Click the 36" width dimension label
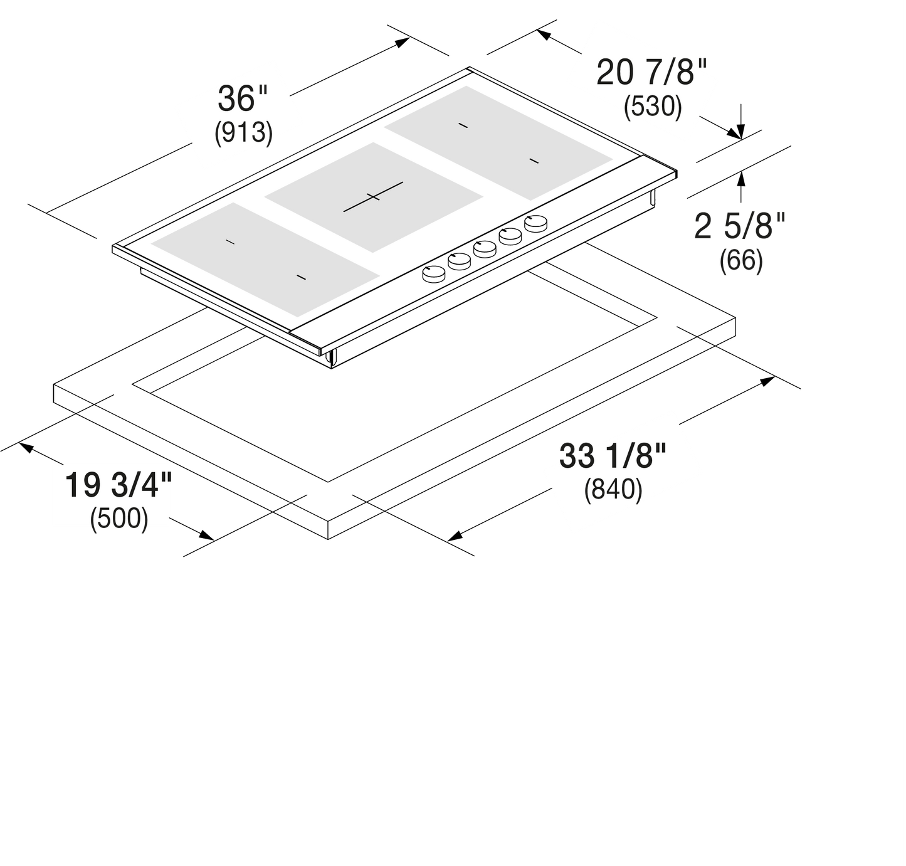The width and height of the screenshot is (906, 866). pyautogui.click(x=243, y=98)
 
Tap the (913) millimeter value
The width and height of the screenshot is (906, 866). pyautogui.click(x=243, y=133)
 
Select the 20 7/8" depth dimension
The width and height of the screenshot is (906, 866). pyautogui.click(x=651, y=73)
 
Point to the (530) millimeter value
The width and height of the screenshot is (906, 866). pyautogui.click(x=653, y=107)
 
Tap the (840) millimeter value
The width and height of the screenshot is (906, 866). pyautogui.click(x=613, y=489)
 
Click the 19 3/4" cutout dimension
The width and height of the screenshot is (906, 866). pyautogui.click(x=119, y=485)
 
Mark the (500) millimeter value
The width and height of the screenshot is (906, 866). pyautogui.click(x=119, y=518)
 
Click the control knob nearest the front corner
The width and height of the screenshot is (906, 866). pyautogui.click(x=433, y=274)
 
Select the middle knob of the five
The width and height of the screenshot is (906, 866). pyautogui.click(x=485, y=248)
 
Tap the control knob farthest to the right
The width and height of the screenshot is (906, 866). pyautogui.click(x=536, y=223)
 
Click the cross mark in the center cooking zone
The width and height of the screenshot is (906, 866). pyautogui.click(x=373, y=197)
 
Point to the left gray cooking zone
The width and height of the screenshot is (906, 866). pyautogui.click(x=265, y=260)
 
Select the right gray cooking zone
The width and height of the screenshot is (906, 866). pyautogui.click(x=498, y=143)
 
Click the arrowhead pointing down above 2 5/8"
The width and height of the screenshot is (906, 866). pyautogui.click(x=741, y=131)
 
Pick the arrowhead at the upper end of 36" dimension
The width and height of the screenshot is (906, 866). pyautogui.click(x=403, y=43)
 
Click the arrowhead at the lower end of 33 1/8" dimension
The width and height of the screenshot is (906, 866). pyautogui.click(x=455, y=536)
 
